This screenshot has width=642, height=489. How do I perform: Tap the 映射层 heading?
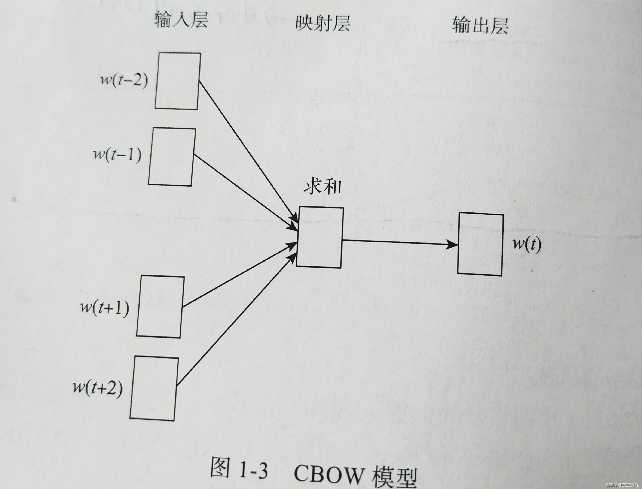[x=323, y=23]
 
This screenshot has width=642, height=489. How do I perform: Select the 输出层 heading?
[x=480, y=26]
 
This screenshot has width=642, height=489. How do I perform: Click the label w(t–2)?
[x=124, y=79]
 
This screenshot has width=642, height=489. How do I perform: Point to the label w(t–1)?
[x=117, y=154]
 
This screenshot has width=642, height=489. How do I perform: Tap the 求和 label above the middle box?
[x=322, y=186]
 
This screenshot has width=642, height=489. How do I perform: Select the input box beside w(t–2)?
[x=177, y=81]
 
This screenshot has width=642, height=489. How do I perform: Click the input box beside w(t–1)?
[x=172, y=157]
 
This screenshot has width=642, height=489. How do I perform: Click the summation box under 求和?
[x=320, y=237]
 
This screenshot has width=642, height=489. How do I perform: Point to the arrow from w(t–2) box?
[x=247, y=151]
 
